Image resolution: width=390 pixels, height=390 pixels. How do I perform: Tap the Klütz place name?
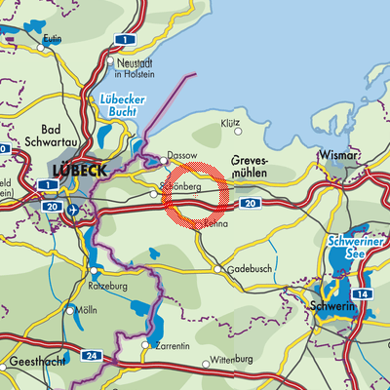pyautogui.click(x=231, y=125)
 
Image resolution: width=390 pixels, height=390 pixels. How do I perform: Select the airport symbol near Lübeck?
pyautogui.click(x=75, y=209)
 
